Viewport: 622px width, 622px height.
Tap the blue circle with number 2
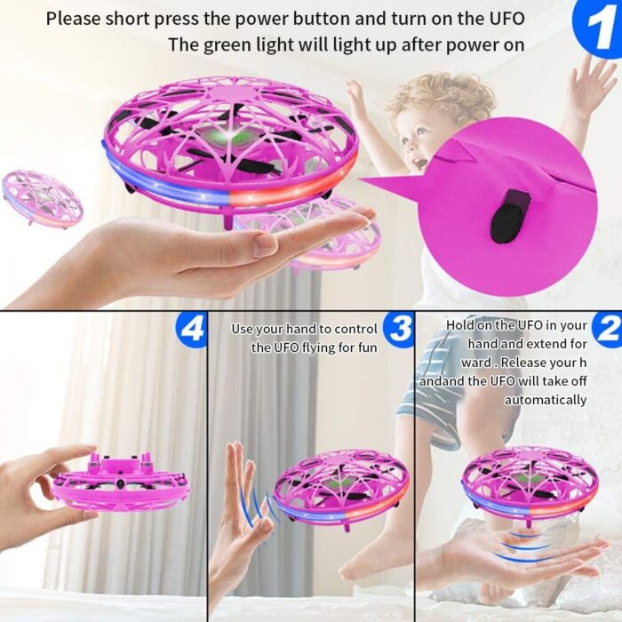(608, 329)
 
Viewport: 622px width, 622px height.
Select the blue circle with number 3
(399, 329)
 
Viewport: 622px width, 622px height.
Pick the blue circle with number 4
(191, 329)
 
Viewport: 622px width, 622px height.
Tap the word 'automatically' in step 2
(545, 400)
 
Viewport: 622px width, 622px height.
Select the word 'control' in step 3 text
(355, 329)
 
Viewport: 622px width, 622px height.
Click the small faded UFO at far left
(43, 198)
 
